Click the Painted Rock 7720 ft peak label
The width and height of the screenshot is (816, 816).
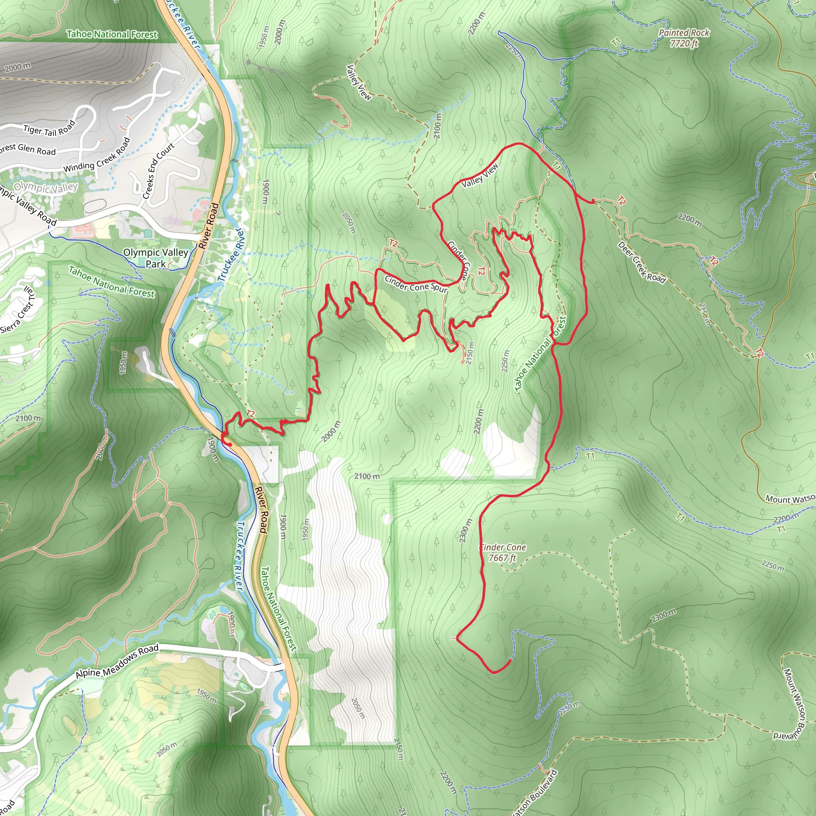click(684, 37)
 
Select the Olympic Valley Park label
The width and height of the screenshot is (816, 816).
click(156, 258)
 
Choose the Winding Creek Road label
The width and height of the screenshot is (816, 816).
click(97, 155)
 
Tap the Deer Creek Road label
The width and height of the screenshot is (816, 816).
click(641, 262)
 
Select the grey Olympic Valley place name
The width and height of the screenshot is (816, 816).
click(45, 187)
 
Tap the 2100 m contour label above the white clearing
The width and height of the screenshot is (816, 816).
click(367, 476)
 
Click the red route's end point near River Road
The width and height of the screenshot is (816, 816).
click(229, 444)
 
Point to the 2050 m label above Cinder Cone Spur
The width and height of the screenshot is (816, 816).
click(349, 223)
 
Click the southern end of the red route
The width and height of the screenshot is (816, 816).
click(510, 660)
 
